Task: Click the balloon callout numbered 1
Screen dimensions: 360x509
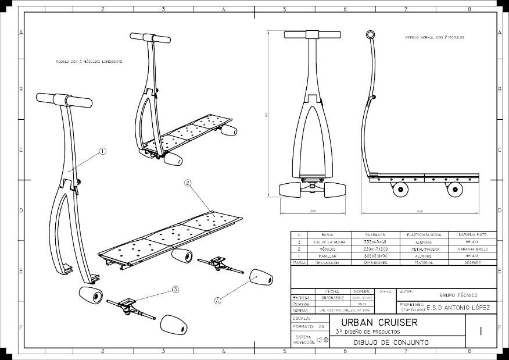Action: coord(102,151)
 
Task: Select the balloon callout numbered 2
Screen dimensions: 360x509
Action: coord(188,183)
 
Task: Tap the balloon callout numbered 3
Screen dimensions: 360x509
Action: coord(175,288)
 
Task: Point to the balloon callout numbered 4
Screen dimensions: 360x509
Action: coord(217,301)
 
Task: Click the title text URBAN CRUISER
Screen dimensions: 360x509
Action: coord(379,322)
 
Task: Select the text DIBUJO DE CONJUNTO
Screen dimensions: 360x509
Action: coord(391,343)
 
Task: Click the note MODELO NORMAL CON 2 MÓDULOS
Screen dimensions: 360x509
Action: coord(435,37)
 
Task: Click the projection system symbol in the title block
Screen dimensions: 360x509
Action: coord(322,340)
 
